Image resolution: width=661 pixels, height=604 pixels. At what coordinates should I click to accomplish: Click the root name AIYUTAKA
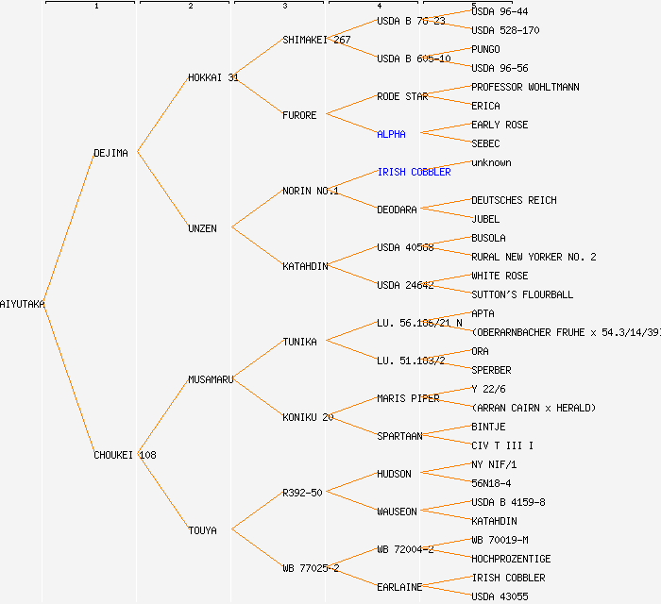(23, 304)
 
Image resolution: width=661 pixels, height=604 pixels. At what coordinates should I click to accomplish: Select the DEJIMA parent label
(110, 153)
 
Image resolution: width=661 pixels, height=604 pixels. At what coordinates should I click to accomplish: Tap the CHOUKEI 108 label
(125, 455)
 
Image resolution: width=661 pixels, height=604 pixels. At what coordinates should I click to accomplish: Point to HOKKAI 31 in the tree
(212, 77)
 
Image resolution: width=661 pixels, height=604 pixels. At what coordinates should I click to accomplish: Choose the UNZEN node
(202, 228)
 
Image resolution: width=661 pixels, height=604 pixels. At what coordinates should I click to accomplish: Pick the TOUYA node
(202, 530)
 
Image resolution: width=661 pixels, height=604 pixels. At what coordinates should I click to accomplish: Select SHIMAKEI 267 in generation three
(316, 40)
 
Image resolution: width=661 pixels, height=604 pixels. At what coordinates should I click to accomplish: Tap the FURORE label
(299, 115)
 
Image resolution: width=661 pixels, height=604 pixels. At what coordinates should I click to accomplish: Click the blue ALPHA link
(391, 134)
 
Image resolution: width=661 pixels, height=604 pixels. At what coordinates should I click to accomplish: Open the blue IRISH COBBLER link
(414, 172)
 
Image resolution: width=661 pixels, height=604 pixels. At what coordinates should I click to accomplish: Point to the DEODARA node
(397, 210)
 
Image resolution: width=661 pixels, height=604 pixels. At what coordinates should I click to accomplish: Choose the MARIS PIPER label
(408, 398)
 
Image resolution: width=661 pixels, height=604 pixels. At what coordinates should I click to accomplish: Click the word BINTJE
(488, 427)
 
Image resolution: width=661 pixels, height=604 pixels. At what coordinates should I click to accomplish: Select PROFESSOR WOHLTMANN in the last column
(525, 87)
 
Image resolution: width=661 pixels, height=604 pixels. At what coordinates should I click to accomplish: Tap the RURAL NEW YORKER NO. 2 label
(534, 257)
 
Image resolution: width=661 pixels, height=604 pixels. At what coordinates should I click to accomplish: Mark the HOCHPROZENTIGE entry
(511, 559)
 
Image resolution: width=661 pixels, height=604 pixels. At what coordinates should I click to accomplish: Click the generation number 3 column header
(284, 7)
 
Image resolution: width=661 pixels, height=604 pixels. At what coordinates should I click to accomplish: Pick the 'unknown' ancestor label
(491, 162)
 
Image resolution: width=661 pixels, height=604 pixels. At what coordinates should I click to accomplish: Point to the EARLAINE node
(399, 587)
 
